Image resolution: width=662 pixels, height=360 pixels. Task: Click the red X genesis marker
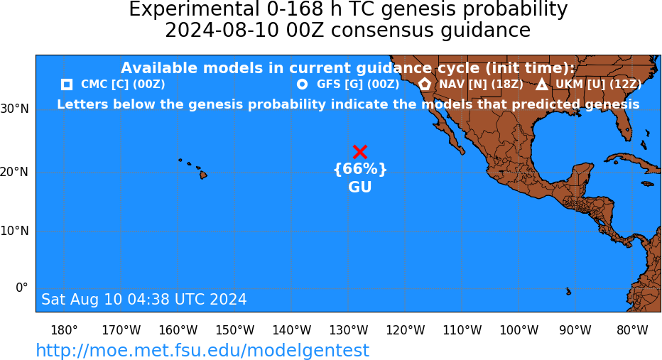[x=359, y=152]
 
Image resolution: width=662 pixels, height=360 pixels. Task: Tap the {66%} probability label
[x=360, y=169]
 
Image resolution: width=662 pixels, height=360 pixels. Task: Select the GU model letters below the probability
[x=359, y=187]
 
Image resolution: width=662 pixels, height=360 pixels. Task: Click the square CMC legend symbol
[x=67, y=84]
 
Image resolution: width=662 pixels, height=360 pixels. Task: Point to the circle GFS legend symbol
[x=303, y=84]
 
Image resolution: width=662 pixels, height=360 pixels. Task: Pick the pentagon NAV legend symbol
[x=425, y=84]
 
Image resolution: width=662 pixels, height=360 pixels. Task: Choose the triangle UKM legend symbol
[x=542, y=84]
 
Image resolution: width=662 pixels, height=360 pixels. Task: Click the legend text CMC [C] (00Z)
[x=123, y=84]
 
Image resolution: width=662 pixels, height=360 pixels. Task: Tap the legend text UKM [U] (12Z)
[x=598, y=84]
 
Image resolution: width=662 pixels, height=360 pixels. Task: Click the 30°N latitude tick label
[x=15, y=109]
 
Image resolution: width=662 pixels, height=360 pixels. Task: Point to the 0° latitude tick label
[x=22, y=288]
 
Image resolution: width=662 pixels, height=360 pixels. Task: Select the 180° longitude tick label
[x=64, y=330]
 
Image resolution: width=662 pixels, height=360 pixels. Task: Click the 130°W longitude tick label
[x=348, y=330]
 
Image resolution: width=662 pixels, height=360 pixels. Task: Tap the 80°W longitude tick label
[x=632, y=330]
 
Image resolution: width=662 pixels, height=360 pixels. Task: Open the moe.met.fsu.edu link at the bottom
[x=202, y=351]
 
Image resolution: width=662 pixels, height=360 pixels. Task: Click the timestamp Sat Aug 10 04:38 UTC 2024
[x=144, y=299]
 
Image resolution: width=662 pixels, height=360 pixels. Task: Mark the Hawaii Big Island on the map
[x=203, y=174]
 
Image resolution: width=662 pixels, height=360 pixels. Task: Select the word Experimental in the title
[x=194, y=10]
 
